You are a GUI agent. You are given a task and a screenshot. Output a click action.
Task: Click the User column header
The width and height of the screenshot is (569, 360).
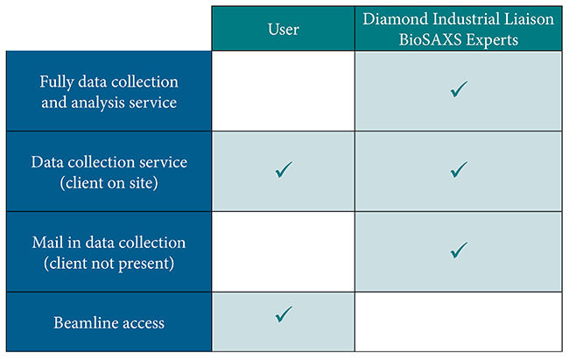[284, 29]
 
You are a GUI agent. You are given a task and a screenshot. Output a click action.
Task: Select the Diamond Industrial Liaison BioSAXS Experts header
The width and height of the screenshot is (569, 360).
[459, 29]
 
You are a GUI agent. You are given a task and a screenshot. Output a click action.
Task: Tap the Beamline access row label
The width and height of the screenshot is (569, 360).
[109, 322]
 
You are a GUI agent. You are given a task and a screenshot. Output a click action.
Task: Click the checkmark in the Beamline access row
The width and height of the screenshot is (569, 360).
[284, 314]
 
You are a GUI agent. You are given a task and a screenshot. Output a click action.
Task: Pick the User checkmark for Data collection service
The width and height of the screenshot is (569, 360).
[284, 170]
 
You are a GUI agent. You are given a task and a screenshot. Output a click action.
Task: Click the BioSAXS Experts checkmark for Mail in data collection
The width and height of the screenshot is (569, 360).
[459, 250]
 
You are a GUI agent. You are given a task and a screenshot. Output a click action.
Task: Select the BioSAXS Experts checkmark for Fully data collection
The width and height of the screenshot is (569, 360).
[459, 89]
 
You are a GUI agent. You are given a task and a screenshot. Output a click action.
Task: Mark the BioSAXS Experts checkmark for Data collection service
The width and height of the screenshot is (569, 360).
[459, 170]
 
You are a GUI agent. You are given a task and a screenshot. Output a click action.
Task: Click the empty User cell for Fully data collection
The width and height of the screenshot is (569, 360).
[284, 91]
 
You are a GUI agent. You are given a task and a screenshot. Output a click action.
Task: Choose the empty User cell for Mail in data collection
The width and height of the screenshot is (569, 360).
[284, 251]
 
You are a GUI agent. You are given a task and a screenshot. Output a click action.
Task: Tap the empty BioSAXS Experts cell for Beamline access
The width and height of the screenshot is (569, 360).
[459, 321]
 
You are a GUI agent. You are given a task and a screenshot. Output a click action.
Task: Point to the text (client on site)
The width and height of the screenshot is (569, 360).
[109, 183]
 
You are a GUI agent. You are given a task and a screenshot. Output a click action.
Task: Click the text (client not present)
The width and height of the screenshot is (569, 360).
[109, 264]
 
